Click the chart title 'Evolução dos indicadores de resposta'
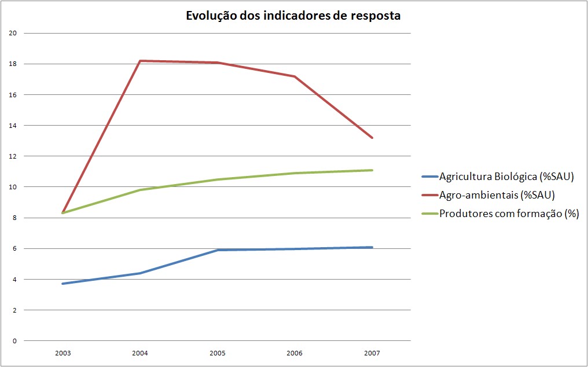coord(293,16)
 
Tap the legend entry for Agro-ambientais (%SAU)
coord(497,194)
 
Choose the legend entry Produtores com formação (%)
coord(509,213)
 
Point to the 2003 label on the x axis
coord(63,353)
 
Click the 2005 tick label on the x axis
coord(217,353)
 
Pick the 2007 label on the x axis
coord(372,353)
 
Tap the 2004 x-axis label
coord(139,353)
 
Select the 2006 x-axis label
coord(295,353)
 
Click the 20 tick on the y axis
coord(13,33)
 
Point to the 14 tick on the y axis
coord(13,126)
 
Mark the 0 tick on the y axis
coord(14,341)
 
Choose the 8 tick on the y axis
coord(14,218)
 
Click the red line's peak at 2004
coord(139,61)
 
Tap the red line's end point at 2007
coord(372,138)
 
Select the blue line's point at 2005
coord(217,250)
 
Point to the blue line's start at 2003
coord(63,284)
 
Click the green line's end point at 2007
coord(372,170)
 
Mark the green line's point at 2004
coord(139,190)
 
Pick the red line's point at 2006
coord(295,76)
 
